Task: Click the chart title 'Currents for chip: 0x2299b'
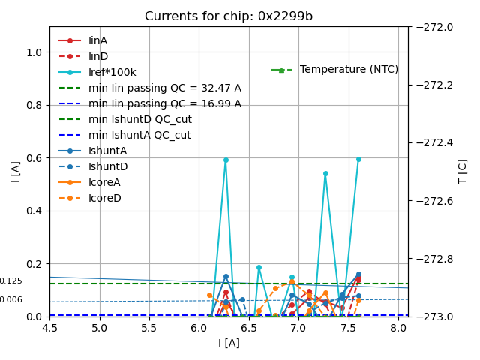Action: (229, 16)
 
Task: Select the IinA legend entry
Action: (98, 40)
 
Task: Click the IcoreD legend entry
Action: (104, 198)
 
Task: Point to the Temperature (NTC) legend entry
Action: (349, 69)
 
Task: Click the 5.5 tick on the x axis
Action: (148, 328)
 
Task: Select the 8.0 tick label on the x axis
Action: (397, 328)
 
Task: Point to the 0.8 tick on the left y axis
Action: (34, 105)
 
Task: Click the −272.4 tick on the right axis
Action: (433, 142)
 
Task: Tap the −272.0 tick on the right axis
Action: (433, 27)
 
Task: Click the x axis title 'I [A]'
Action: (229, 343)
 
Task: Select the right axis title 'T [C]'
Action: (463, 171)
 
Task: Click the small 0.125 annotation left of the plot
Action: (10, 281)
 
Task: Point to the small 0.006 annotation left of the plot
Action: (10, 300)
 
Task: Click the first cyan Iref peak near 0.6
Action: (226, 160)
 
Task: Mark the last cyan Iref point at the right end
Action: (358, 159)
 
